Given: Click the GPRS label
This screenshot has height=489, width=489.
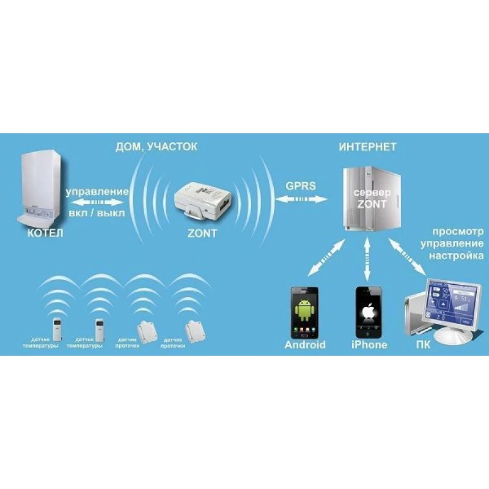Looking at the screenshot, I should click(x=301, y=185).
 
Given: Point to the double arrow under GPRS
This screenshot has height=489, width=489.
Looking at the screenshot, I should click(x=301, y=199).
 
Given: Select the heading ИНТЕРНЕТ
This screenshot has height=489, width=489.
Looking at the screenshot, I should click(x=368, y=147).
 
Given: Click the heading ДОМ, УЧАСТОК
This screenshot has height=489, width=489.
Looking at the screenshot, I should click(x=156, y=147).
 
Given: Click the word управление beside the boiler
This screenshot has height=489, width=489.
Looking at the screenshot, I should click(x=97, y=191).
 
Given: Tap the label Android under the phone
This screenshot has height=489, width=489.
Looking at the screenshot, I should click(x=305, y=345).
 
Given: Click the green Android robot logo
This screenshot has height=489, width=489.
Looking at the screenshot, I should click(x=304, y=311).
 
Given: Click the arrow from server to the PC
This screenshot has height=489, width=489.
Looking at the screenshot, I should click(x=408, y=257).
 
